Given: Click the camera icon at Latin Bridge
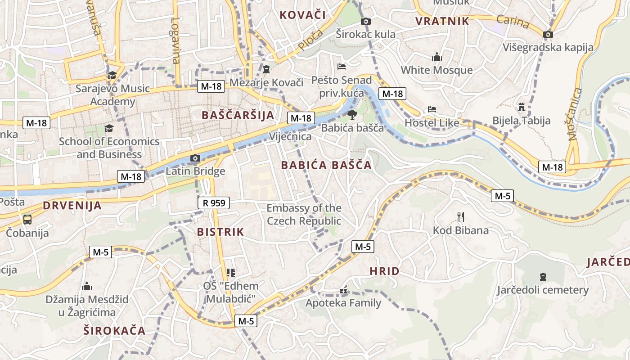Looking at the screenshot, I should tap(195, 158).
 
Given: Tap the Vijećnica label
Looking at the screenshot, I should tap(290, 136).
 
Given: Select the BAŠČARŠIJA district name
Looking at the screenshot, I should tap(238, 115).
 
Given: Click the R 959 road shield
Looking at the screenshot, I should tap(214, 203).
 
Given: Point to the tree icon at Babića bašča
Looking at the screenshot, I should tap(352, 115).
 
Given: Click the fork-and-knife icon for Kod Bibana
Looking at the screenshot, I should tap(460, 217).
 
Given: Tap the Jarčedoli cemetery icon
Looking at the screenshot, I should tap(542, 276).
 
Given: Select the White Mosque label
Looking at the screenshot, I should tap(436, 70).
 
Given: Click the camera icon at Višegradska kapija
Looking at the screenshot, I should tap(548, 34).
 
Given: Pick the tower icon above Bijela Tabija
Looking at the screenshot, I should tap(522, 107).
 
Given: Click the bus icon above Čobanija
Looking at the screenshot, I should tap(27, 220).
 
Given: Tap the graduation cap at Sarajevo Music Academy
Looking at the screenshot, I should tap(112, 75).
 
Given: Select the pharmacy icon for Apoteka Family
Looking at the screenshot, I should tap(343, 290).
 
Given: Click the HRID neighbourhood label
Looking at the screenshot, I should tap(384, 271).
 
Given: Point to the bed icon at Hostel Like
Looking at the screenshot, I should tap(432, 109).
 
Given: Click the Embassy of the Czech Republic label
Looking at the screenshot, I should tap(304, 215).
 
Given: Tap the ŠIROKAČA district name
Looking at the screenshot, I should tap(114, 331).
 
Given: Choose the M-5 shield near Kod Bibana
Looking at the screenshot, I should tap(503, 196).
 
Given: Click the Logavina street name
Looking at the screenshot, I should tap(175, 40).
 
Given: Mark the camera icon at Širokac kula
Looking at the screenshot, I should tap(366, 21).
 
